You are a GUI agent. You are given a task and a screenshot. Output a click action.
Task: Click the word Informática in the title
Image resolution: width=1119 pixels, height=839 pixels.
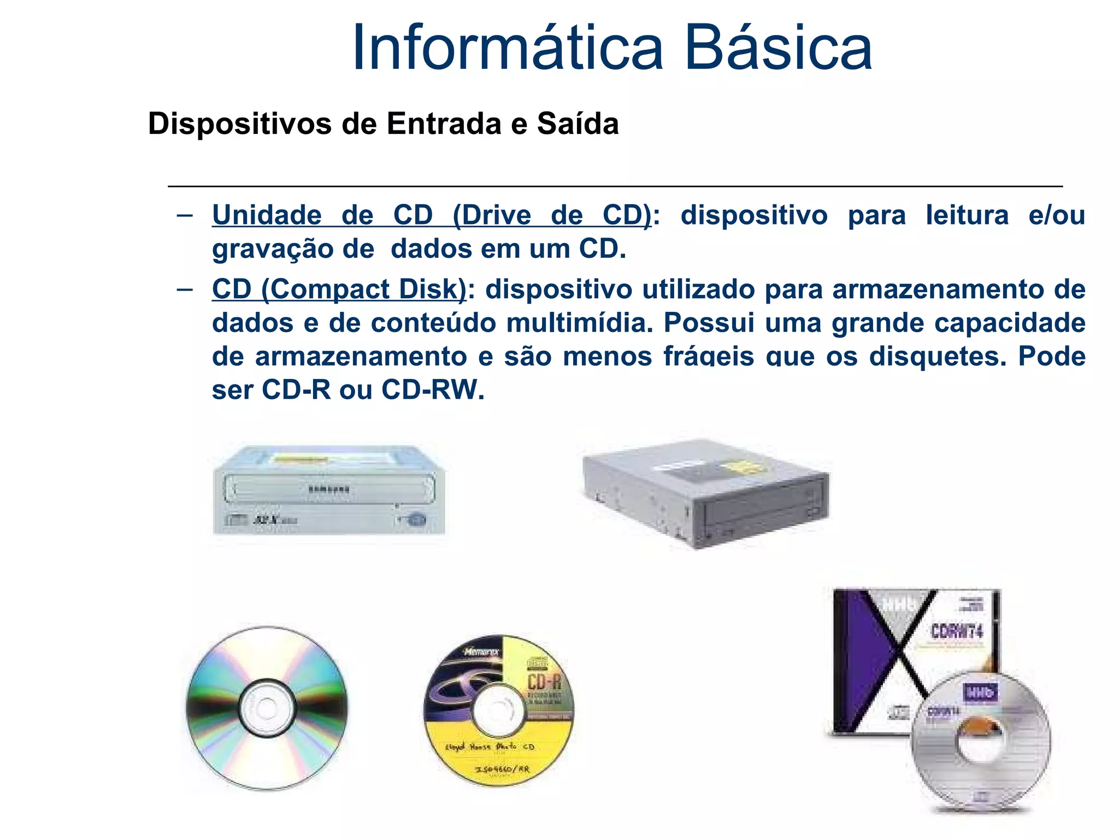(x=507, y=48)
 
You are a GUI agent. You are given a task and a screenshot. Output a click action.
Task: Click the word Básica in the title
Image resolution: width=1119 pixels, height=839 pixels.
(x=778, y=48)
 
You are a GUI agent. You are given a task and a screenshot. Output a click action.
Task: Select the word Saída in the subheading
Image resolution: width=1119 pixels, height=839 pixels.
(x=578, y=123)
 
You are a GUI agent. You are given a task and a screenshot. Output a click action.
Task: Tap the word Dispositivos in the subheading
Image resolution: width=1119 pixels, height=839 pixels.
(x=239, y=125)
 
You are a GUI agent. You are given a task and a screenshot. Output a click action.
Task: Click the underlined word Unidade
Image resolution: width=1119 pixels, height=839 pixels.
(x=267, y=215)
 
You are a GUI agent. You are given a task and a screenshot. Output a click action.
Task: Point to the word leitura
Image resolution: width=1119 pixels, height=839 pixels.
(x=967, y=215)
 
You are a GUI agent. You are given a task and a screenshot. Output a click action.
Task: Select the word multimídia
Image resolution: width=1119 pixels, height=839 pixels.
(x=579, y=323)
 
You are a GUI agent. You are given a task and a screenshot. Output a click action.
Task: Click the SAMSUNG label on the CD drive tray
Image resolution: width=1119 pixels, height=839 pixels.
(x=328, y=489)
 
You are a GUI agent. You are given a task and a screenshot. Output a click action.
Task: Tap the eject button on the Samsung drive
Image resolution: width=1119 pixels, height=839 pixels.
(x=417, y=519)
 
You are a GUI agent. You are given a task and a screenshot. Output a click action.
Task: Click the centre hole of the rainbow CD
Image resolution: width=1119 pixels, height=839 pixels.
(x=267, y=708)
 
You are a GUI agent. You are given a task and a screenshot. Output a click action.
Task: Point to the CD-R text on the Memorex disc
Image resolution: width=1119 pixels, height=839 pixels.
(x=544, y=682)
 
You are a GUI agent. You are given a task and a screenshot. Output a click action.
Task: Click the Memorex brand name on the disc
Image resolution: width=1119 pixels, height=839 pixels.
(x=481, y=652)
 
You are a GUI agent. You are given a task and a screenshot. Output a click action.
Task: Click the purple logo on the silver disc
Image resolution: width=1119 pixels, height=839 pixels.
(x=980, y=693)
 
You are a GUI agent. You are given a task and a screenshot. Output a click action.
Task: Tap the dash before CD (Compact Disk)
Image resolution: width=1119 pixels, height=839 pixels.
(x=185, y=289)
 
